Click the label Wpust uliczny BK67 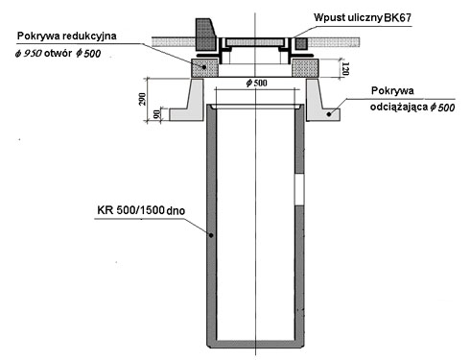point(363,17)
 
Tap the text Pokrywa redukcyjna point(67,36)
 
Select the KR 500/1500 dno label point(141,210)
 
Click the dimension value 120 point(345,68)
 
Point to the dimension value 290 point(143,99)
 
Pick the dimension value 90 point(156,114)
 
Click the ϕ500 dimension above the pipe point(256,84)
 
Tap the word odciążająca point(399,107)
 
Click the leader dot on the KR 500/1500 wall point(211,235)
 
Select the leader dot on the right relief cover point(328,114)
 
